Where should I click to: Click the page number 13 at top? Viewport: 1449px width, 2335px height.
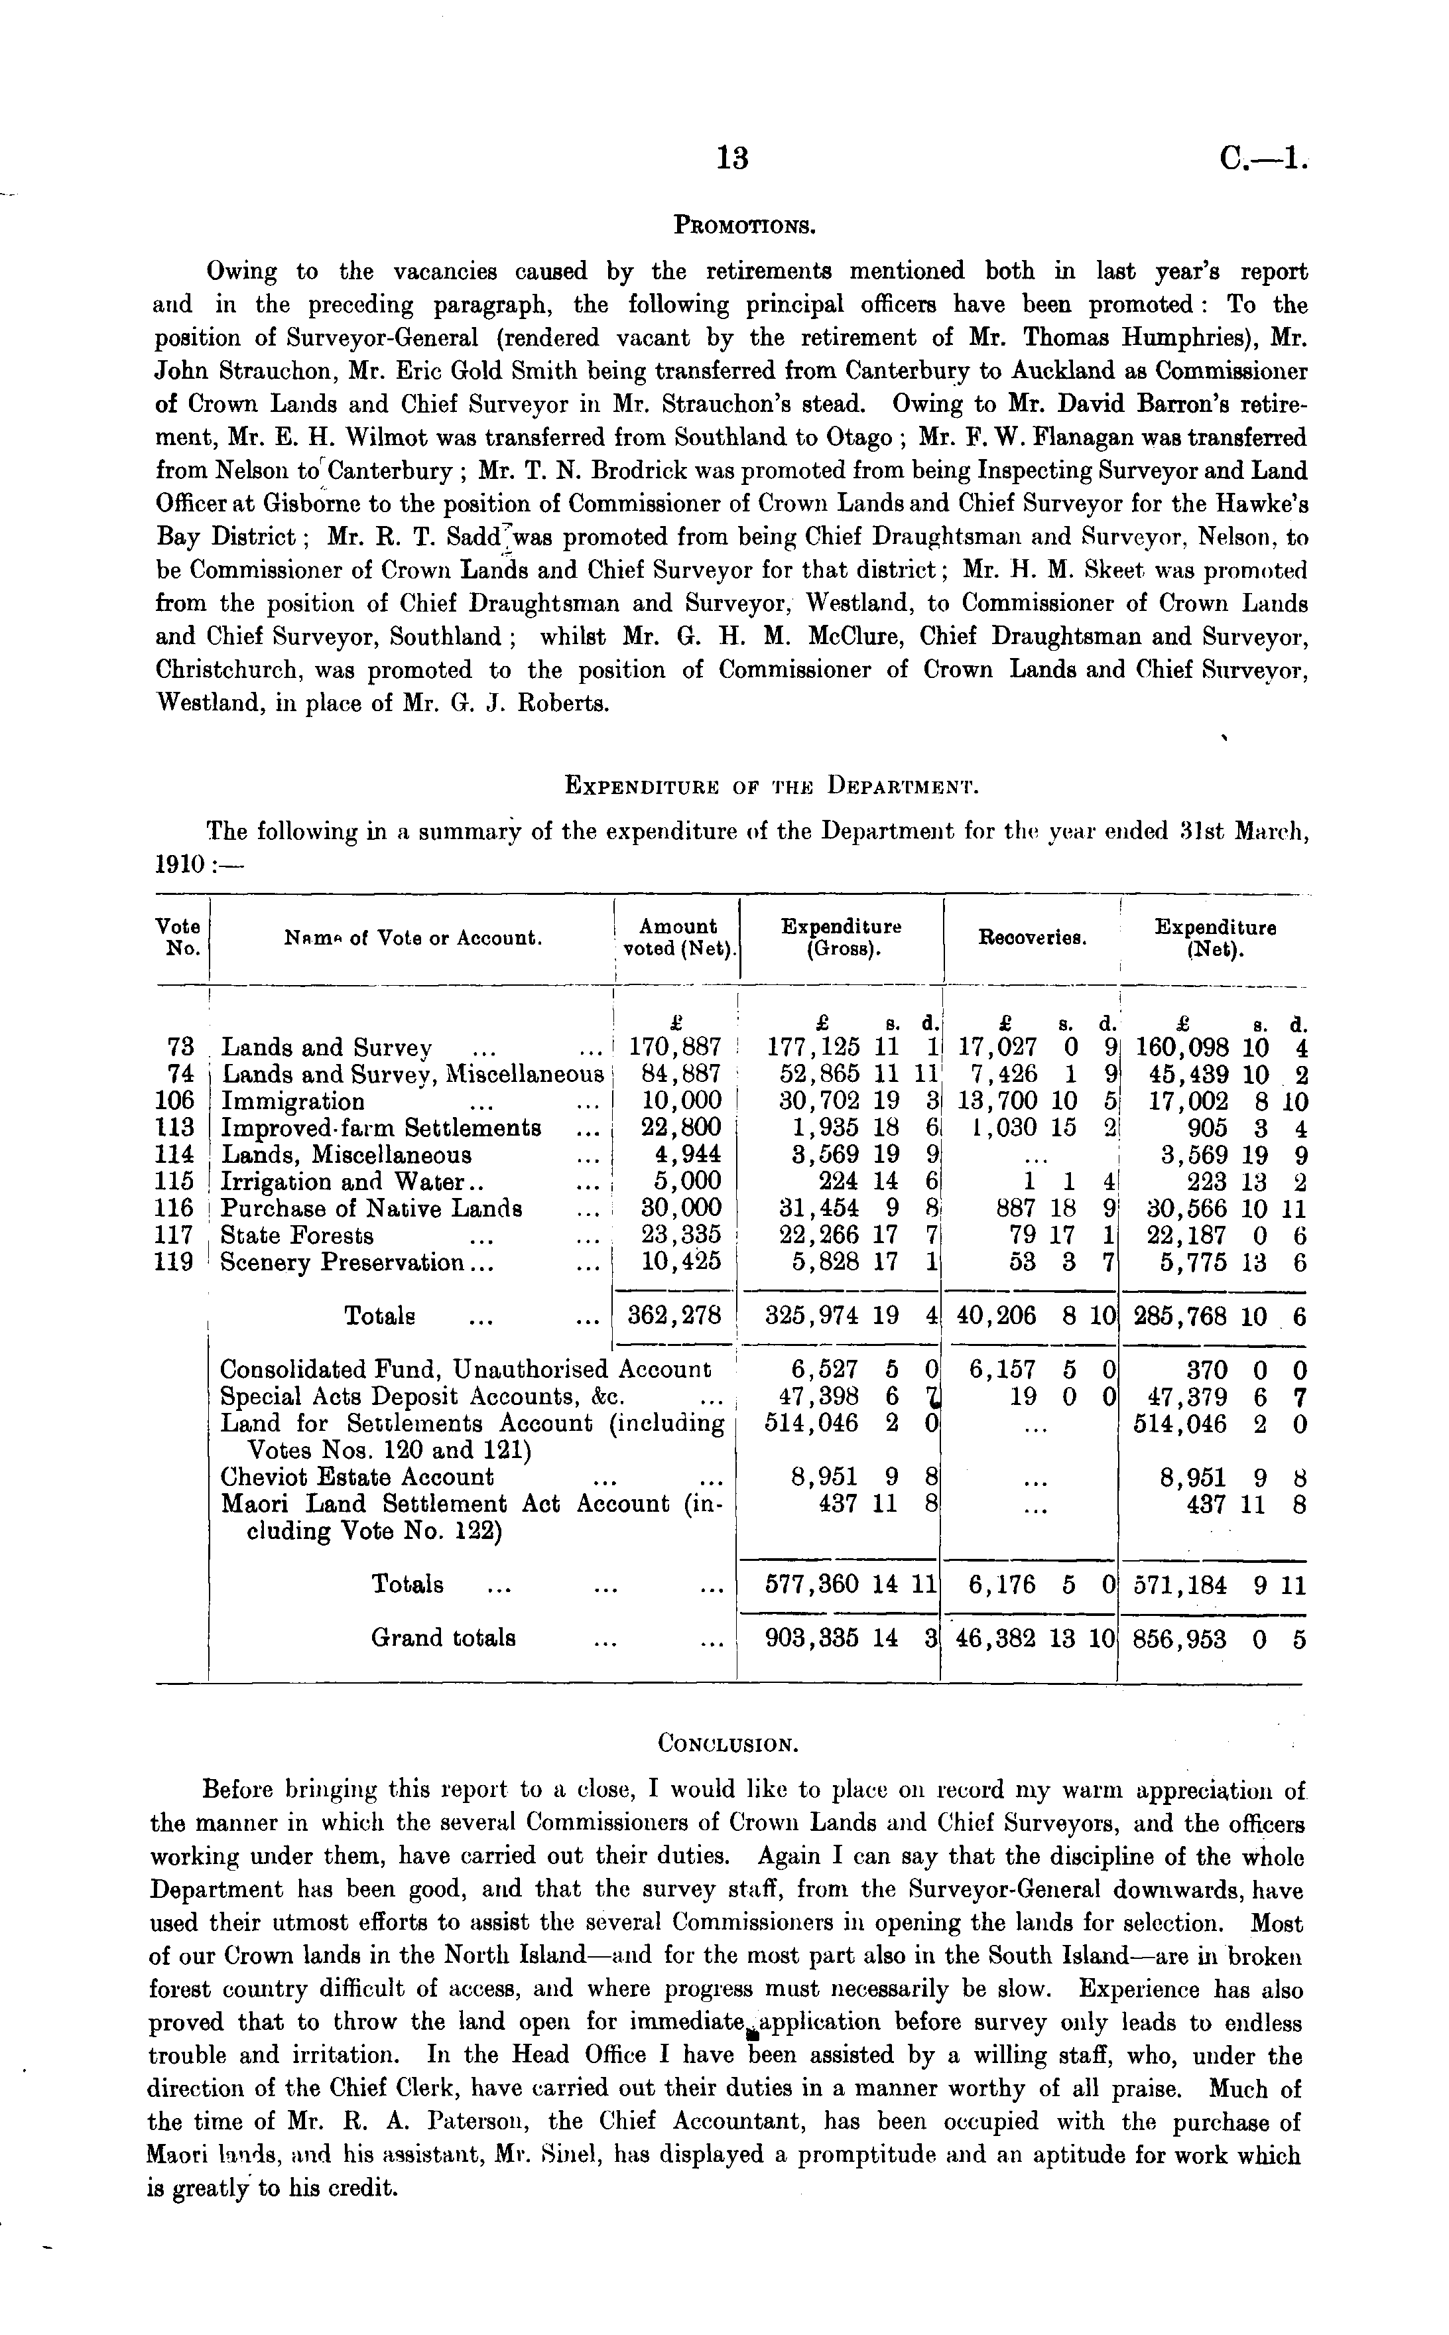tap(732, 158)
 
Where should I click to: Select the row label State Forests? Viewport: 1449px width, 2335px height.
tap(297, 1236)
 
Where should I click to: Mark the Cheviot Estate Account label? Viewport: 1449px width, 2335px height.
tap(357, 1477)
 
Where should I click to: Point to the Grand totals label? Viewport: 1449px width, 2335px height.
tap(444, 1637)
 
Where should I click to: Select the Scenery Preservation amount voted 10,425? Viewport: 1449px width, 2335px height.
tap(680, 1262)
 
